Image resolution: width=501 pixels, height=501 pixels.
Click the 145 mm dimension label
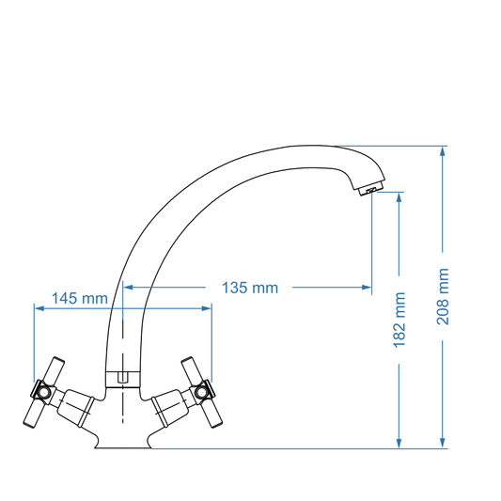point(79,298)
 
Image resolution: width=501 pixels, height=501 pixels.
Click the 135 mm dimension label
point(249,288)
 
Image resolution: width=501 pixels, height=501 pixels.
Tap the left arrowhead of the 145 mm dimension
point(38,306)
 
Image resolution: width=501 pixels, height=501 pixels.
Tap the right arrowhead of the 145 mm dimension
point(208,306)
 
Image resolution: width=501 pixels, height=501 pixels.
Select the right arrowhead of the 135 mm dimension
point(368,288)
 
